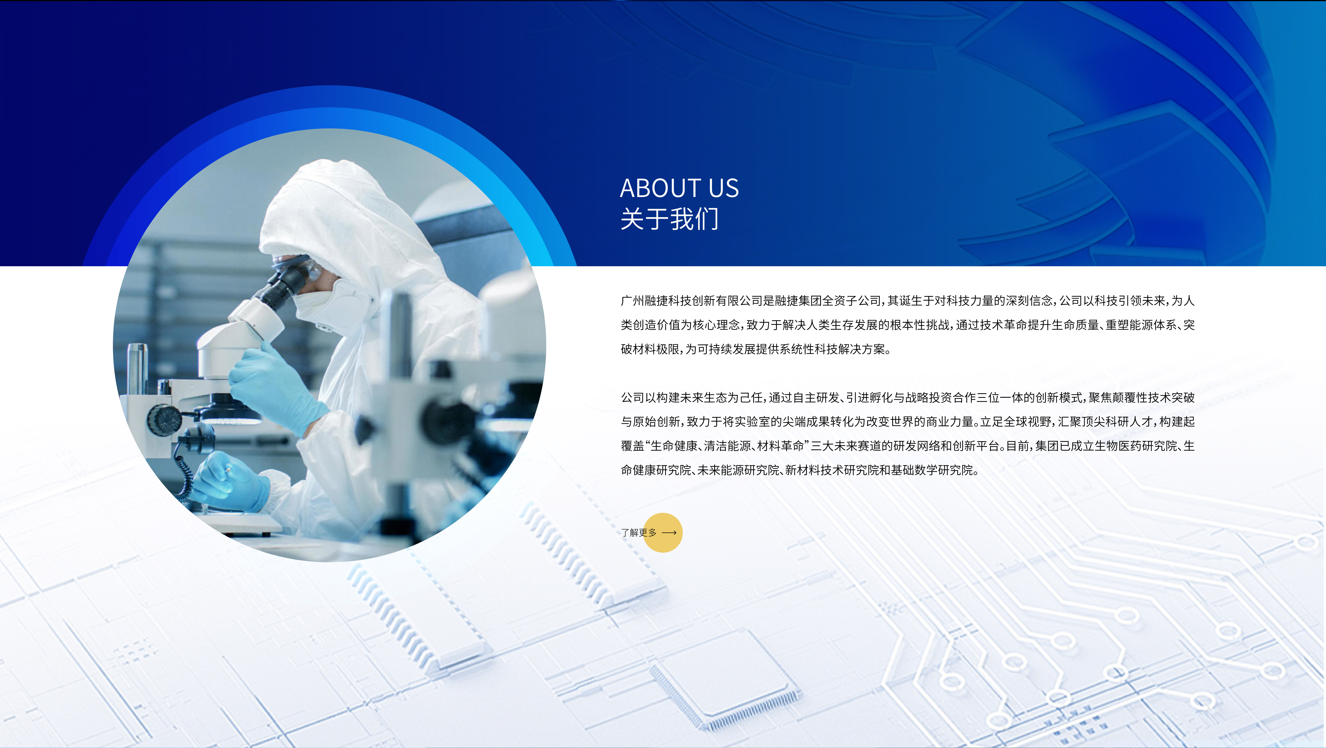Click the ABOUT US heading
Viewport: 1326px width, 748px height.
[x=679, y=188]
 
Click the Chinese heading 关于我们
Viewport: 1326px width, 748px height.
[x=669, y=219]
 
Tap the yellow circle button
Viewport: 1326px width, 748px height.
[x=663, y=533]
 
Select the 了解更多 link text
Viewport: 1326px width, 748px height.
[x=639, y=533]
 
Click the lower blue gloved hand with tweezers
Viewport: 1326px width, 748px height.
[x=232, y=482]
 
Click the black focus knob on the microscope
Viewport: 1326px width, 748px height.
[x=164, y=420]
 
